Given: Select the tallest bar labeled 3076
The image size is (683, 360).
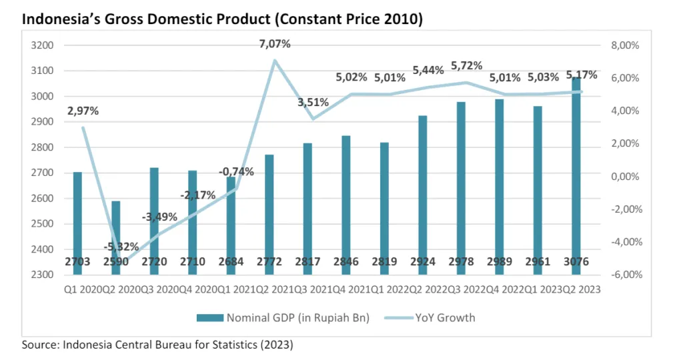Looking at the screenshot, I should (x=576, y=167).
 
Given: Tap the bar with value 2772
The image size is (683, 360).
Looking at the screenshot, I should (x=269, y=213).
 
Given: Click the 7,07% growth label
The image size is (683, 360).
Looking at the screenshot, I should (x=275, y=44).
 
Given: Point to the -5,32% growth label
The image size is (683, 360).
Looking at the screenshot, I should (x=120, y=247).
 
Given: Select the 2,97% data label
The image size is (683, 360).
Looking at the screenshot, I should (x=83, y=111).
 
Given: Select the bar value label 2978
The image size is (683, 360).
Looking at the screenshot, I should (x=461, y=262).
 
